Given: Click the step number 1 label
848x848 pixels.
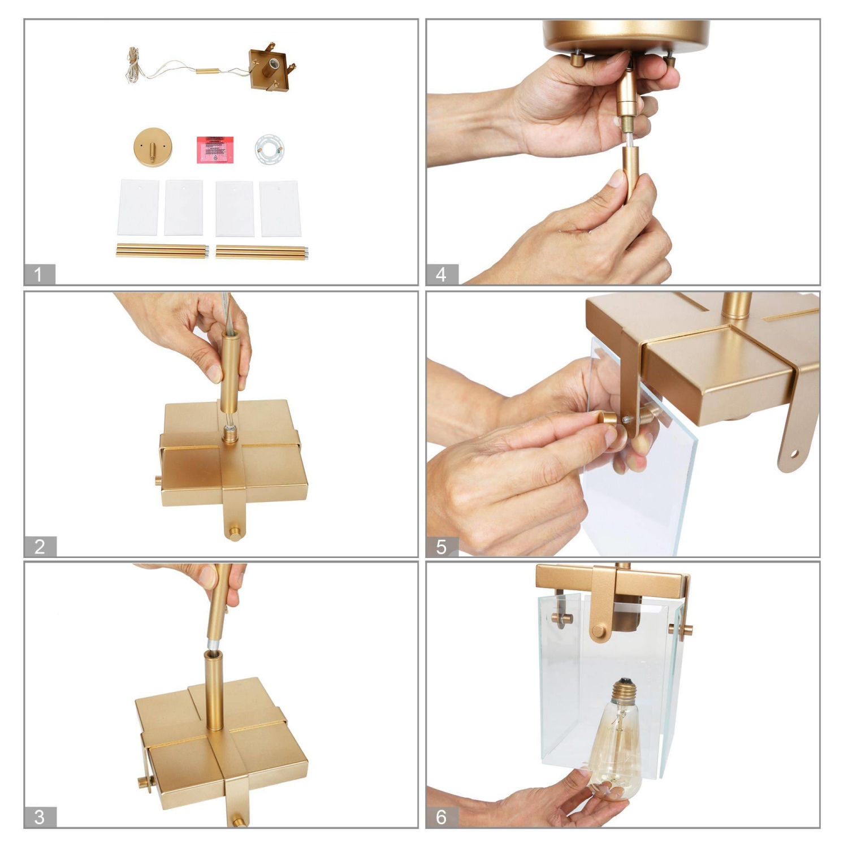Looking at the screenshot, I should coord(38,275).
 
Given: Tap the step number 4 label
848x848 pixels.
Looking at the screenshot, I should coord(442,275).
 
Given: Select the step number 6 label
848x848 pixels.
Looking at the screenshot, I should coord(442,817).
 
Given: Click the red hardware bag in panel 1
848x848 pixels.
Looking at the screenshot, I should coord(215,149).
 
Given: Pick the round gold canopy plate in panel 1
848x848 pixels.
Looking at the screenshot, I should coord(153,146).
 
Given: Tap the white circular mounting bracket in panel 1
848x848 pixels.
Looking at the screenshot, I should coord(268,149).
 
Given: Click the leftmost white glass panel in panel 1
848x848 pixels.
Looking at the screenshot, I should coord(139,207).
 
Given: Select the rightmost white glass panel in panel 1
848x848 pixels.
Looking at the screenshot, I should coord(280,208).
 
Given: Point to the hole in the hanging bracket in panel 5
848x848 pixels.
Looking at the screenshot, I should coord(795,453).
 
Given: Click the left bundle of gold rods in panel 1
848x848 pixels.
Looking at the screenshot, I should coord(162,251).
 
